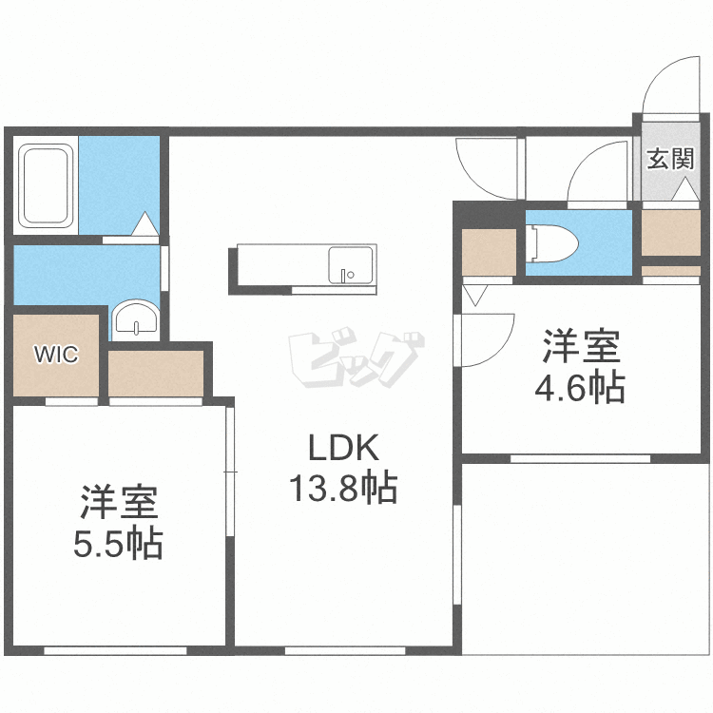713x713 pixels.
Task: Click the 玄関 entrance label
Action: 670,158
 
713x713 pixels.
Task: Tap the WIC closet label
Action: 55,355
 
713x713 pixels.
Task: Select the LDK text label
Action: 343,448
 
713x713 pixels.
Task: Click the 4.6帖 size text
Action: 580,388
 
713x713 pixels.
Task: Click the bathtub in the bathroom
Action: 46,186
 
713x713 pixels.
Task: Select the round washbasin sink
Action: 137,319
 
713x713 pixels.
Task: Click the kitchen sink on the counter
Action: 351,264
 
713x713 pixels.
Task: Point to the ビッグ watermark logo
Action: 356,357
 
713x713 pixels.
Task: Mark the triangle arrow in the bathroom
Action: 145,224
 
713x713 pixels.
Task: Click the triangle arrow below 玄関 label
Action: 684,190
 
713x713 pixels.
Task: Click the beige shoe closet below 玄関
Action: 671,231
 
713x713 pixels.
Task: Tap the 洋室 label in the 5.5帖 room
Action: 118,501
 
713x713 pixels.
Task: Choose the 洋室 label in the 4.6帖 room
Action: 580,346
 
